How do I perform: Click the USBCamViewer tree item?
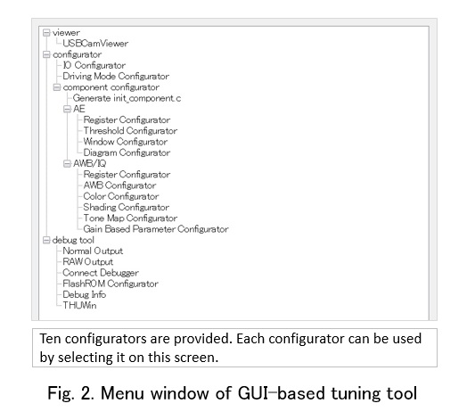pos(95,44)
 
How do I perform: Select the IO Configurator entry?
pos(94,65)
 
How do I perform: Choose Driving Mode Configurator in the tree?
pos(116,76)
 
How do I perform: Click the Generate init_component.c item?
pos(127,98)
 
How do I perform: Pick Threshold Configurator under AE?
pos(130,131)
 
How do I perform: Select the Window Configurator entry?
pos(126,142)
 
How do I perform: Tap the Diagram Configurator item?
pos(127,152)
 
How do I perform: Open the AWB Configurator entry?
pos(119,185)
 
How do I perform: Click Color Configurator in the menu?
pos(121,196)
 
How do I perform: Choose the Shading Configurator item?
pos(126,207)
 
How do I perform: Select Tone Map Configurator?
pos(130,218)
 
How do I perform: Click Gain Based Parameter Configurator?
pos(156,229)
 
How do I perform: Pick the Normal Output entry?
pos(93,251)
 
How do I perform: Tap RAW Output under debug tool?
pos(88,262)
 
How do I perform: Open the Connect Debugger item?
pos(101,273)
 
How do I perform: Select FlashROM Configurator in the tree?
pos(111,284)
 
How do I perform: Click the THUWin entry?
pos(79,306)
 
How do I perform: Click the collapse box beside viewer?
pos(46,33)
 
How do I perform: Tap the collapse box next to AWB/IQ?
pos(67,164)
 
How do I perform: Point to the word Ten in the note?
pos(50,339)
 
